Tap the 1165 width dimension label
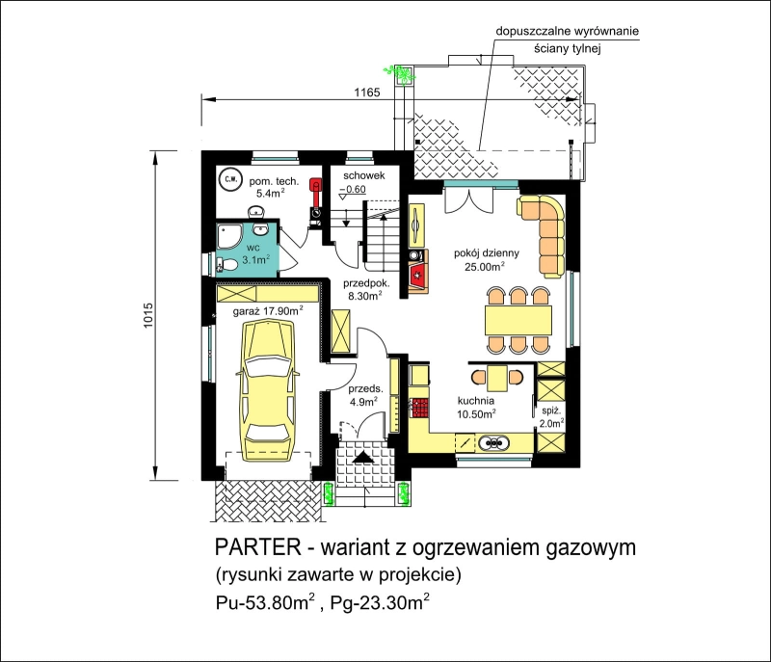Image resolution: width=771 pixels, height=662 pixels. tap(367, 92)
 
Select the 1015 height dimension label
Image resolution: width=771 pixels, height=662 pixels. tap(148, 315)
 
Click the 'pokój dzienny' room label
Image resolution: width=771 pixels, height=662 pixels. tap(487, 253)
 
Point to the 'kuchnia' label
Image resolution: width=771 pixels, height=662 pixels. tap(475, 401)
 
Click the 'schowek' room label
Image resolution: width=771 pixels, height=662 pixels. tap(364, 175)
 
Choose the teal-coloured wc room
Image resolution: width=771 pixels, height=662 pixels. tap(248, 249)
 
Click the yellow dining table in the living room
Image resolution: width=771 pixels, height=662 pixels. tap(518, 321)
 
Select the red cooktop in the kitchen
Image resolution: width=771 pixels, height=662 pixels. tap(420, 408)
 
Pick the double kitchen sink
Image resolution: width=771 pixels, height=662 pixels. tap(493, 443)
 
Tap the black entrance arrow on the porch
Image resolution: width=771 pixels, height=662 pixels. tap(363, 457)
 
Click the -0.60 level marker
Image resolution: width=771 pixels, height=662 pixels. tap(353, 190)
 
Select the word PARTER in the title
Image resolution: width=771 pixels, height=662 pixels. tap(258, 547)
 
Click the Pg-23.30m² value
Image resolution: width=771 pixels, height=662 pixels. tap(380, 602)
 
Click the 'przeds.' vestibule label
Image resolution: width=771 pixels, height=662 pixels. tap(365, 388)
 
